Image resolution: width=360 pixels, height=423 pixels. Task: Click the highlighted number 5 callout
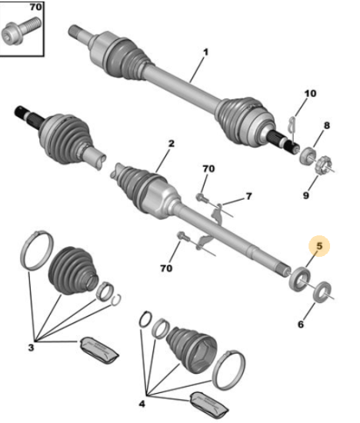(319, 246)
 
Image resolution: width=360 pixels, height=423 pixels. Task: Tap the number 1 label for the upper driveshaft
(206, 52)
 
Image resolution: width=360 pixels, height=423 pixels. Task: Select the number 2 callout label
(172, 143)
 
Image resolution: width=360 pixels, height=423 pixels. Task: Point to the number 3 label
(31, 347)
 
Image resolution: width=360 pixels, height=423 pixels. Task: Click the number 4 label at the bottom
(142, 404)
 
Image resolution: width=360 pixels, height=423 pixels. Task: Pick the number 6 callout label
(301, 324)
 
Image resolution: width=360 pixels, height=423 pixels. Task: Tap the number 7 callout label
(248, 196)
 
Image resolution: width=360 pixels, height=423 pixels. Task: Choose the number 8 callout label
(326, 125)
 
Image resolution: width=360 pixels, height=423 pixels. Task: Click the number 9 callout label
(305, 195)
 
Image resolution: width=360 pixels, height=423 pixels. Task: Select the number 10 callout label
(310, 93)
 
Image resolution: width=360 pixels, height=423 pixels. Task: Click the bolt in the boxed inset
(21, 31)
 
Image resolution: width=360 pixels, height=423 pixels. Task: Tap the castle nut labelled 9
(324, 164)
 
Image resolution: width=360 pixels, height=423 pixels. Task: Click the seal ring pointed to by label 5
(299, 279)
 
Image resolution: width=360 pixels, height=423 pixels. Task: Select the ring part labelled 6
(322, 292)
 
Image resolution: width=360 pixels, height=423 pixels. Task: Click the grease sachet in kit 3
(99, 350)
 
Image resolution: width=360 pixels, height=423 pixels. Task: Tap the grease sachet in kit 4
(209, 406)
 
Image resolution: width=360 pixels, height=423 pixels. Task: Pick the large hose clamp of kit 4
(228, 370)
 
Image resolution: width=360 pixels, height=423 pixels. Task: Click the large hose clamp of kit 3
(37, 251)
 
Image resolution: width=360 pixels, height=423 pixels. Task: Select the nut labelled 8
(307, 156)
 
